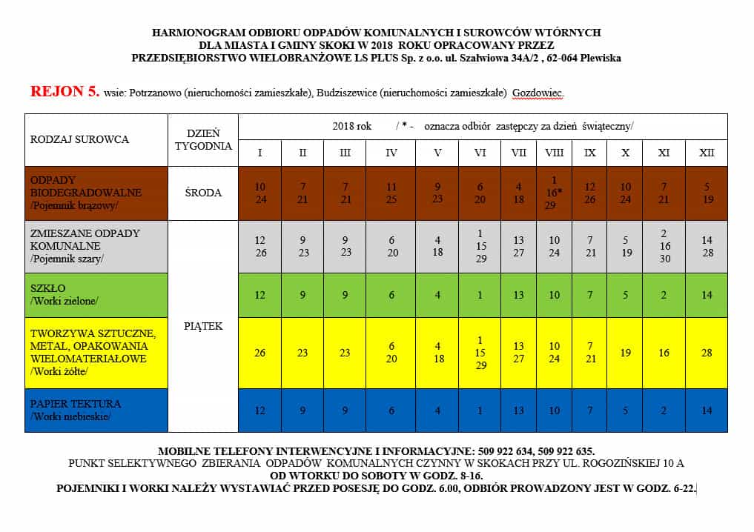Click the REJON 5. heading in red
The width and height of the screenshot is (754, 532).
tap(65, 92)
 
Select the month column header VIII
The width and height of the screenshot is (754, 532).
tap(554, 153)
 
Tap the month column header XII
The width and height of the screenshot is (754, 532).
tap(707, 153)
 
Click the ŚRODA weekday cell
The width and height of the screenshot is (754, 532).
tap(203, 193)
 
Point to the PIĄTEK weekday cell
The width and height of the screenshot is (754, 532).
tap(203, 325)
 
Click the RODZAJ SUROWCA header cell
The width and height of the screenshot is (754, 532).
tap(79, 139)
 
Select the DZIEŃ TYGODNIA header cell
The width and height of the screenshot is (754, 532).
tap(203, 139)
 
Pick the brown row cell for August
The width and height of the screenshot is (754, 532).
tap(554, 193)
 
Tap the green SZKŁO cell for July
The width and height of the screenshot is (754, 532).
tap(518, 295)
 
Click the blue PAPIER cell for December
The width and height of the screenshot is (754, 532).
tap(707, 410)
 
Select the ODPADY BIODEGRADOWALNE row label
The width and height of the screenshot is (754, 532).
tap(85, 193)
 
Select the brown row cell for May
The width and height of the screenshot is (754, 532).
tap(437, 193)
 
